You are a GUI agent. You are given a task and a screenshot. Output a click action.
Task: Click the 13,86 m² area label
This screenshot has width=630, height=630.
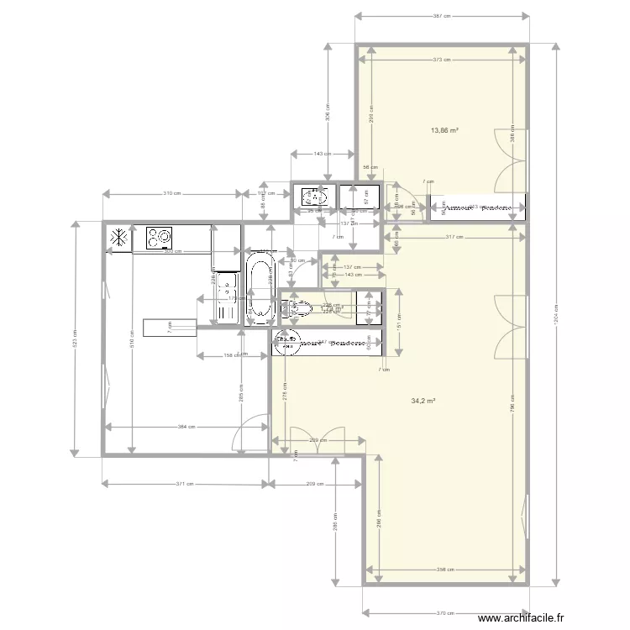click(x=444, y=130)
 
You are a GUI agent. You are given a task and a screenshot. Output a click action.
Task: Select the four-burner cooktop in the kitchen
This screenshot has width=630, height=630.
click(x=159, y=238)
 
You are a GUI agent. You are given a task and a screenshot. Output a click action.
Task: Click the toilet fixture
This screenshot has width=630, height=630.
click(x=296, y=311)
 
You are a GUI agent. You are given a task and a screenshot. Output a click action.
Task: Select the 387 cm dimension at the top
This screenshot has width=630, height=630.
click(x=442, y=16)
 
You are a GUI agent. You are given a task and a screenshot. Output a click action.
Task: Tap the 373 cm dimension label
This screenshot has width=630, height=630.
click(x=442, y=60)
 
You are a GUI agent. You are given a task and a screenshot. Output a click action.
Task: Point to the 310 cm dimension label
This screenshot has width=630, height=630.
click(x=172, y=193)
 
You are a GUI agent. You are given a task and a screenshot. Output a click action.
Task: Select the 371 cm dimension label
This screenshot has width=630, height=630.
click(x=185, y=483)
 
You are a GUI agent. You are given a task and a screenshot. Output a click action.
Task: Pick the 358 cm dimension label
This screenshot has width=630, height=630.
click(x=446, y=570)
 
